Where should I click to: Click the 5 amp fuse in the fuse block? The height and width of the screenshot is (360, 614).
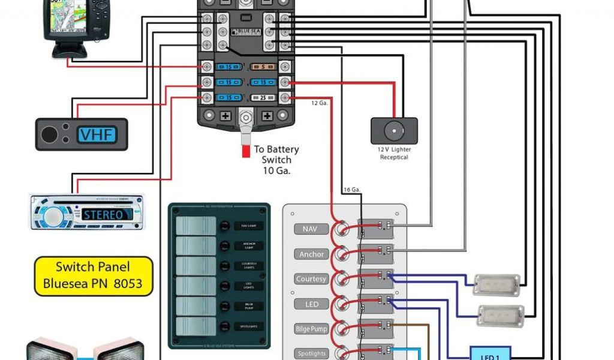click(261, 67)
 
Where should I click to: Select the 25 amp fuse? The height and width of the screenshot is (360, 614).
click(261, 97)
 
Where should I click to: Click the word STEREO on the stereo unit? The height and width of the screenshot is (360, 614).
click(103, 214)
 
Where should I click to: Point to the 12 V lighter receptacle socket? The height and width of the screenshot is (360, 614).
click(394, 131)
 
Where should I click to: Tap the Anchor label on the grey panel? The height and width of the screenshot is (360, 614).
click(312, 254)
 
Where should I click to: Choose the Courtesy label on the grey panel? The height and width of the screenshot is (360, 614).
click(311, 279)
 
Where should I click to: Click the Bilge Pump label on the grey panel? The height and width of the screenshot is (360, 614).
click(311, 329)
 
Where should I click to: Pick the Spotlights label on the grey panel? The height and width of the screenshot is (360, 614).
click(311, 353)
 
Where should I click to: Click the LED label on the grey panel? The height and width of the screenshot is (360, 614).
click(312, 304)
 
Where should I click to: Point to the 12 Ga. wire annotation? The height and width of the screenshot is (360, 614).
click(319, 103)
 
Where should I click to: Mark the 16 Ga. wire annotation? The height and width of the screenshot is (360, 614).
click(351, 190)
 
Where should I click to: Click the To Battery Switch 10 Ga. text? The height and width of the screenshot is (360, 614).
click(276, 160)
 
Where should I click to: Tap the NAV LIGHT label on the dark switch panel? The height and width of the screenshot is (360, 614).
click(249, 226)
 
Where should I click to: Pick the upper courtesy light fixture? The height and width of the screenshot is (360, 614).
click(495, 284)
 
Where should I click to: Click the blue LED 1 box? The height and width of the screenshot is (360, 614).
click(490, 354)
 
